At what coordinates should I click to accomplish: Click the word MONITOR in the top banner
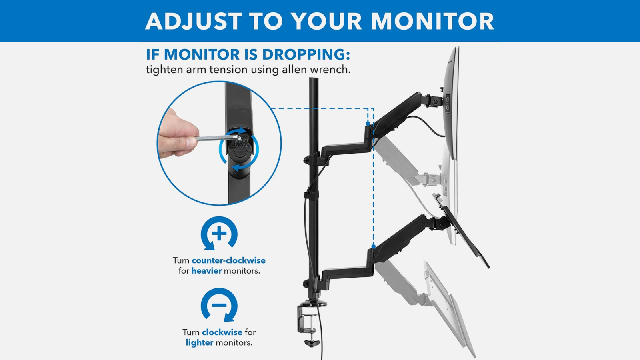coord(432,21)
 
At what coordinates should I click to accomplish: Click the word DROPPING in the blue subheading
coord(306,54)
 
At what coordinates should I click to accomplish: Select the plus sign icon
coord(219,234)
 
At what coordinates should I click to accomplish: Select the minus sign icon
coord(219,305)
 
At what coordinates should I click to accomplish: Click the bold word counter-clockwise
coord(228,260)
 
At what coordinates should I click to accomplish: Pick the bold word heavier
coord(206,271)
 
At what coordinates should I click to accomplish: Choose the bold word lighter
coord(199,343)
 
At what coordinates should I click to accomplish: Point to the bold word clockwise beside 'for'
coord(222,332)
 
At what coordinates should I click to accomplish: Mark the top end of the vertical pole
coord(314,80)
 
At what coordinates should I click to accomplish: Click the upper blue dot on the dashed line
coord(368,123)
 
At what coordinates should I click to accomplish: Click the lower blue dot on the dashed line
coord(373,246)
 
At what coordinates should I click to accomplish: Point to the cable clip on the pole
coord(311,195)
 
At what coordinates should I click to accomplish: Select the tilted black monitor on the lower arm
coord(466,236)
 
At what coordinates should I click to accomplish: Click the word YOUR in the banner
coord(326,21)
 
